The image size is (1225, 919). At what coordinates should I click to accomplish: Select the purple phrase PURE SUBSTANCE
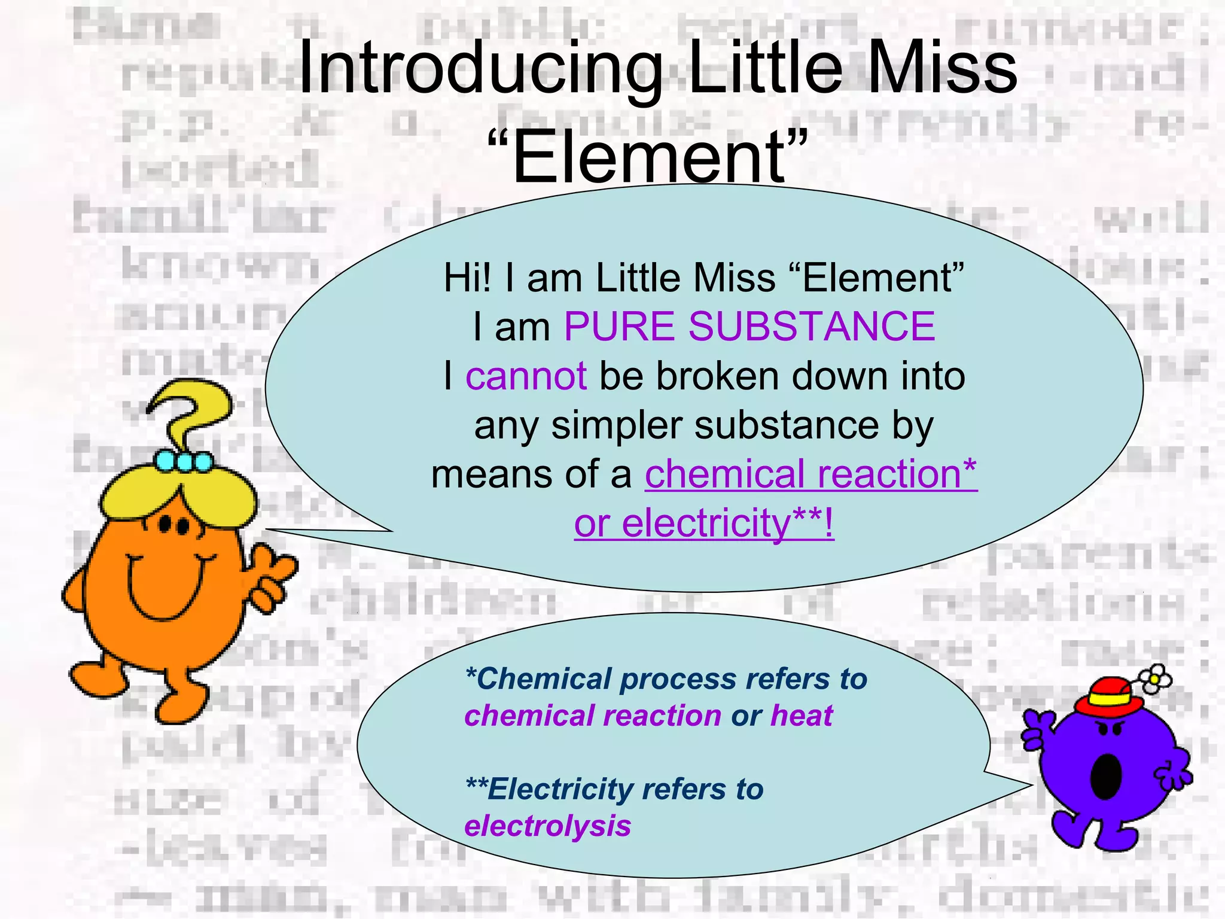tap(749, 327)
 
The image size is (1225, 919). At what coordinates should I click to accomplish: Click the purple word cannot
tap(526, 376)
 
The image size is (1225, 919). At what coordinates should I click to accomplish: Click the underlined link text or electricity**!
tap(703, 524)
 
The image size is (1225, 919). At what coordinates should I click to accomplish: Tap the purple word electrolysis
tap(547, 826)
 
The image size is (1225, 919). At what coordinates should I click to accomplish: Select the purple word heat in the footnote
tap(802, 716)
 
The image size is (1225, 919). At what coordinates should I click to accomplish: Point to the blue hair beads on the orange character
tap(184, 461)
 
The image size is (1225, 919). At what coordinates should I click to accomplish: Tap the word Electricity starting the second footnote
tap(559, 789)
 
